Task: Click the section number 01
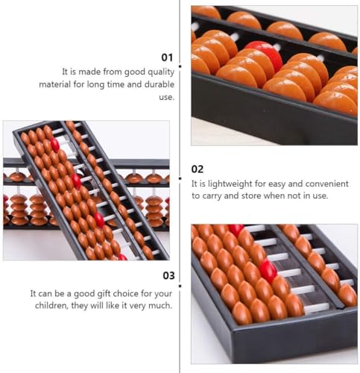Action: tap(167, 57)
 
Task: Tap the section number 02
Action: tap(198, 169)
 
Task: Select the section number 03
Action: tap(167, 276)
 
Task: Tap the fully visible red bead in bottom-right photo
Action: tap(268, 270)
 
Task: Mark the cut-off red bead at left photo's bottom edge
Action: tap(121, 257)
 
